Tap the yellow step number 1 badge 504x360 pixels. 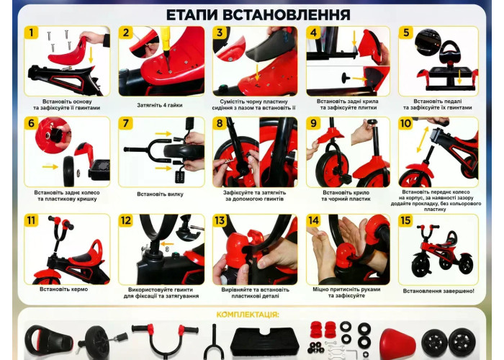[x=31, y=33]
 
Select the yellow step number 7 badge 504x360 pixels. [x=125, y=123]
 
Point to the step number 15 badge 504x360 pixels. [x=405, y=220]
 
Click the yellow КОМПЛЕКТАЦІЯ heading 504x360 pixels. [x=248, y=315]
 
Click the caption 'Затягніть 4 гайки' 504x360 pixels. [x=160, y=105]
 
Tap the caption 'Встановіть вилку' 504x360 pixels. [x=160, y=194]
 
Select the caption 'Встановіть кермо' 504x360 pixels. [x=63, y=289]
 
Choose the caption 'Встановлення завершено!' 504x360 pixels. [x=438, y=291]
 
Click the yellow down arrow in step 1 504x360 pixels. [x=91, y=55]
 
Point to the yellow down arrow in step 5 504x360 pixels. [x=459, y=77]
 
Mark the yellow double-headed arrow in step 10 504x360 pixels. [x=423, y=140]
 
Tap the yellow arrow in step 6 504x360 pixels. [x=50, y=166]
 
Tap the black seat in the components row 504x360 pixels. [x=48, y=340]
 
